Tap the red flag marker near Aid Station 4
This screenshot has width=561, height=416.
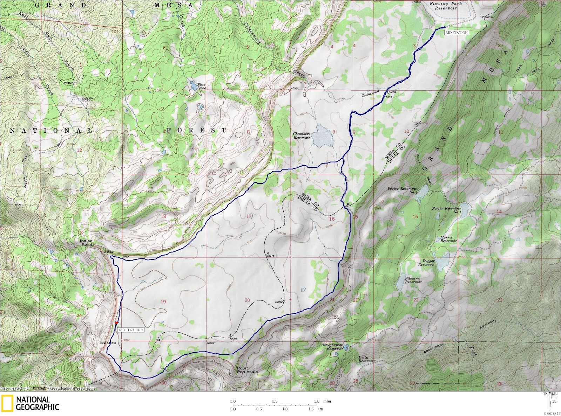coord(117,323)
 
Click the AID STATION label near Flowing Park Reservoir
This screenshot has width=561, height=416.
coord(456,33)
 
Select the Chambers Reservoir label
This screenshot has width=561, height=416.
coord(302,136)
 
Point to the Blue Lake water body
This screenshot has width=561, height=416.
coord(192,85)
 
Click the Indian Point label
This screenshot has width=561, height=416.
coord(86,242)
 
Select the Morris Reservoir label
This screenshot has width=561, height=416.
coord(448,239)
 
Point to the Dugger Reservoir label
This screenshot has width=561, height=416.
coord(426,263)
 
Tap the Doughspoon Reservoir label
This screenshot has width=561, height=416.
coord(333,347)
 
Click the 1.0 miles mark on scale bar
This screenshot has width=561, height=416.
coord(317,401)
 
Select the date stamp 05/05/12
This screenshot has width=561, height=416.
coord(553,412)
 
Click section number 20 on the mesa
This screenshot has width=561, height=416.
coord(247,300)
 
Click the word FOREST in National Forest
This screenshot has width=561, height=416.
coord(196,130)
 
